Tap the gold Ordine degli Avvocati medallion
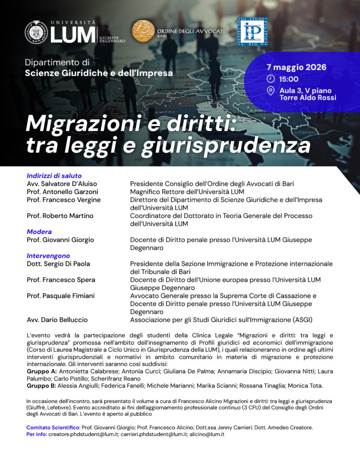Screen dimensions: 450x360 click(143, 31)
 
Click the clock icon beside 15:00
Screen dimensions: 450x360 click(271, 79)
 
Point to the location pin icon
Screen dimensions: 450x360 click(271, 91)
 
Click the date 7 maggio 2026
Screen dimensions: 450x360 click(296, 67)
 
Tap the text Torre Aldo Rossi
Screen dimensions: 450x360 click(307, 98)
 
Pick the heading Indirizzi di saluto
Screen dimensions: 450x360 click(54, 176)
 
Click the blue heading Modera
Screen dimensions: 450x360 click(39, 232)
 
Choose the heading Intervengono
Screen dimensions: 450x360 click(48, 256)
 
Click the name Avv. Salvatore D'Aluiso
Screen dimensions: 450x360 click(62, 184)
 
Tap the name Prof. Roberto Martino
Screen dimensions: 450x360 click(60, 216)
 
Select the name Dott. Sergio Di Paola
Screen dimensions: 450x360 click(58, 264)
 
